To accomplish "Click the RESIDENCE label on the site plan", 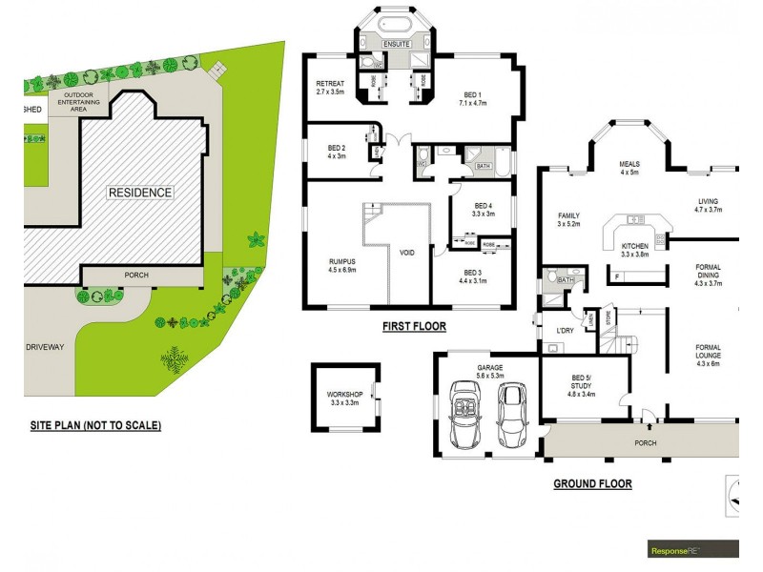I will click(139, 193).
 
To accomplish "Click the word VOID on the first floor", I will click(407, 253).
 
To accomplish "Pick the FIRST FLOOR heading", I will click(414, 326).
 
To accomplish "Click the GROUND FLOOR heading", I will click(592, 484).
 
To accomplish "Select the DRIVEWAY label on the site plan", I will click(44, 348).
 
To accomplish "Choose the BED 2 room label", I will click(336, 152).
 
